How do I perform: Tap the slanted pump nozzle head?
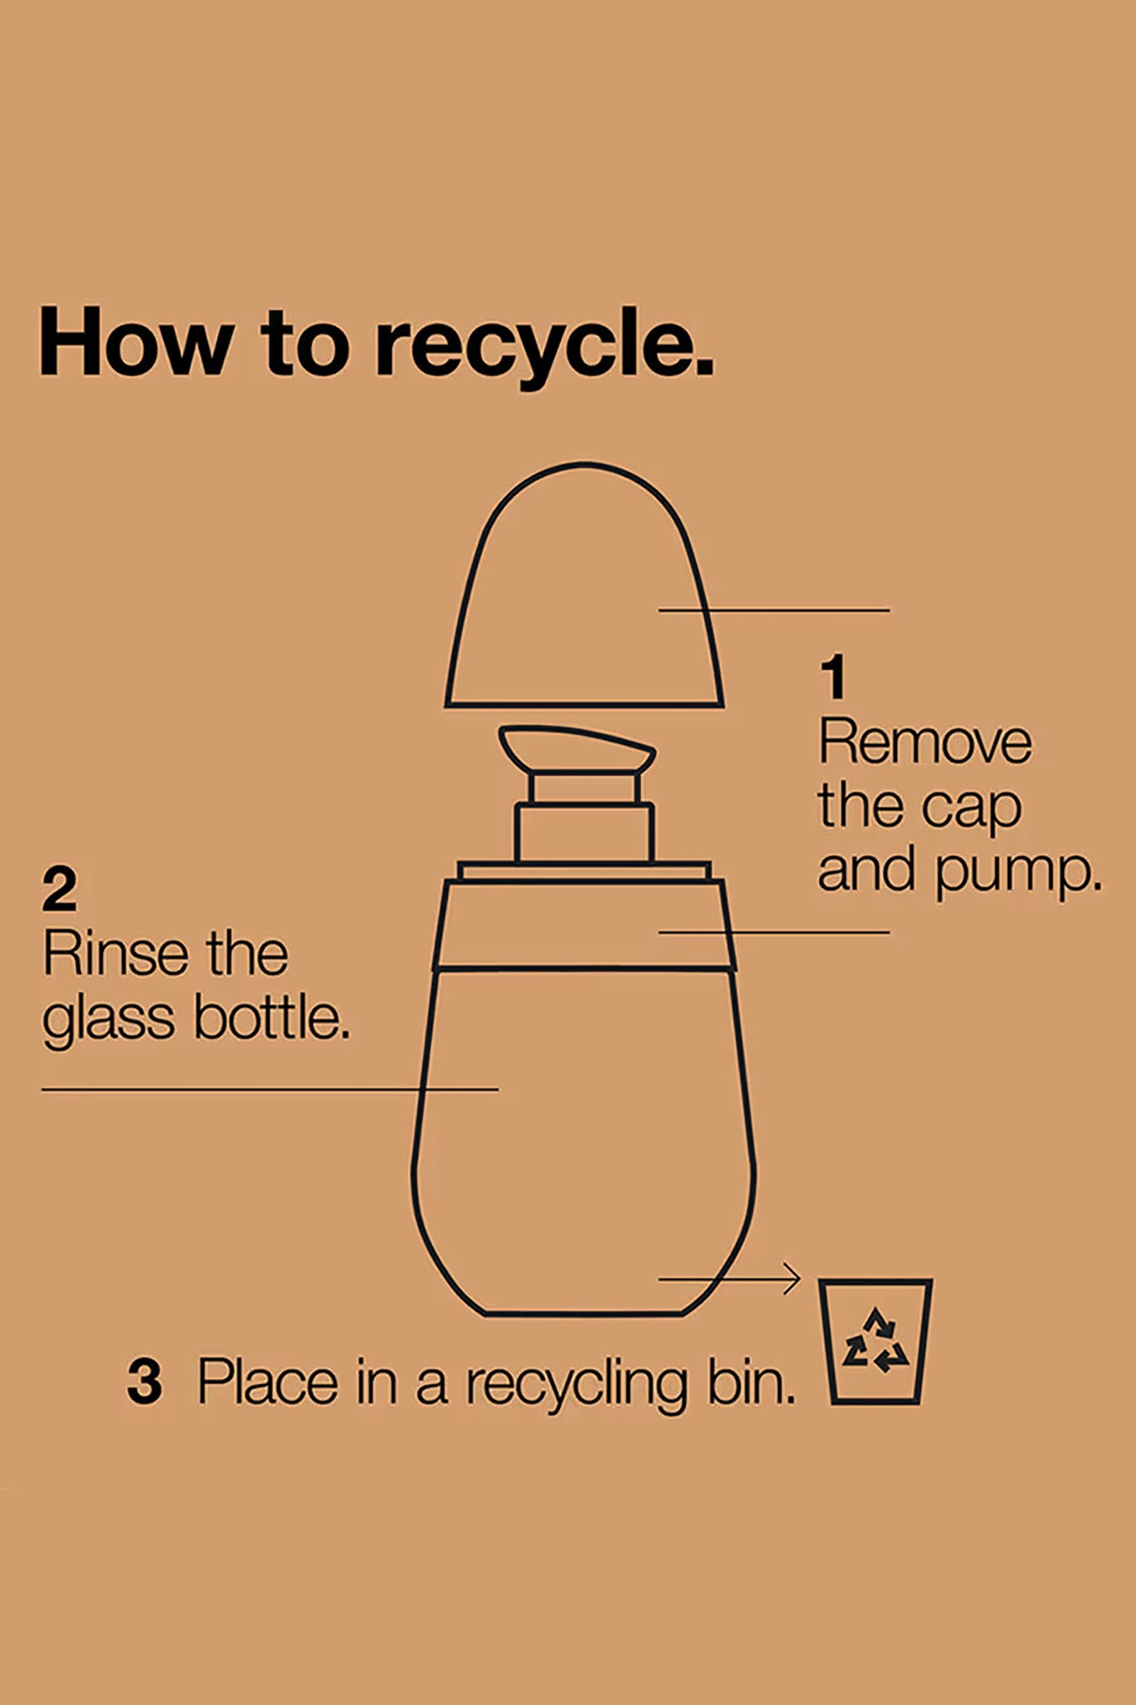click(x=578, y=750)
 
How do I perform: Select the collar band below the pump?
click(x=584, y=925)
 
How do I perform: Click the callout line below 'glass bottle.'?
click(x=269, y=1089)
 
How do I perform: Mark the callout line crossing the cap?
click(x=774, y=610)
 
